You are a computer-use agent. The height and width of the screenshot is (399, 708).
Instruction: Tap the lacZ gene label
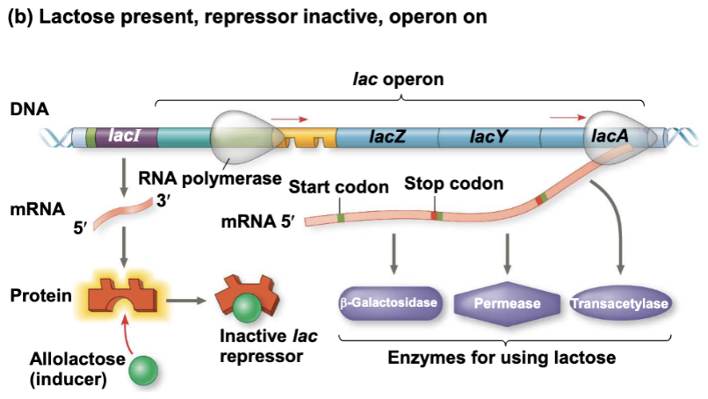point(387,137)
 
